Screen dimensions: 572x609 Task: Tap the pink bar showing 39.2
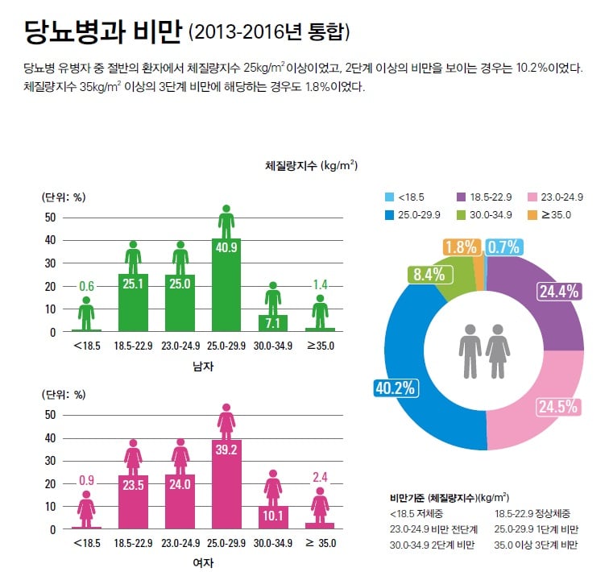pos(226,483)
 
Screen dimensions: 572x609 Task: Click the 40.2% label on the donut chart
pos(395,388)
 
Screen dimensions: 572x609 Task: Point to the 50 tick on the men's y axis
pos(51,218)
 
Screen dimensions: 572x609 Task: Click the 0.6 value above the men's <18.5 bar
pos(86,286)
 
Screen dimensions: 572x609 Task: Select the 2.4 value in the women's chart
pos(320,478)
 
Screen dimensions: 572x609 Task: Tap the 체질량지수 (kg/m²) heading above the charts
pos(311,166)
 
